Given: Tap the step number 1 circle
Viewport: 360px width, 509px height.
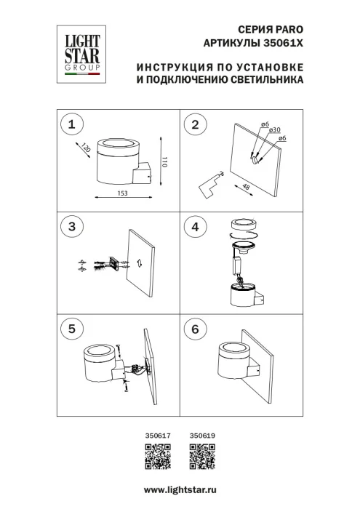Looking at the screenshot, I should [71, 125].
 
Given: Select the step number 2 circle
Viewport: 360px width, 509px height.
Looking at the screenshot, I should [194, 125].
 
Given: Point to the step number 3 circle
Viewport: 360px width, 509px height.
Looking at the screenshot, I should [71, 227].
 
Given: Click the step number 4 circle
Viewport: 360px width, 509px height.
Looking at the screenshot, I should [194, 227].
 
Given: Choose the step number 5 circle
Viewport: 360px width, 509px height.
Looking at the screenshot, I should [71, 329].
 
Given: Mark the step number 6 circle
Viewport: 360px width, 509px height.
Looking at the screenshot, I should [194, 329].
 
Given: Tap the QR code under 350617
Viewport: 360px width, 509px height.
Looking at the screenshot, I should [158, 458].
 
